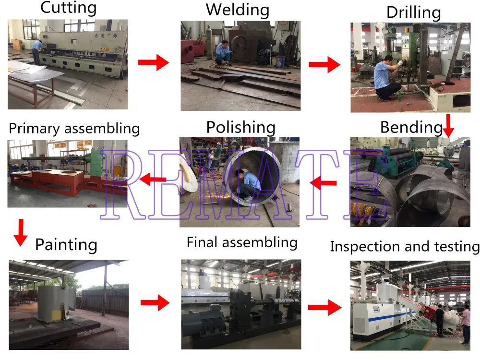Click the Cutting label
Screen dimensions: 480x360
point(68,8)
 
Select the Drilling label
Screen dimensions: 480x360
point(413,12)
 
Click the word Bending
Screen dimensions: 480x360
point(411,127)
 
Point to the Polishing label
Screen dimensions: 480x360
point(240,127)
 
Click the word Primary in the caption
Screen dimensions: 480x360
point(36,129)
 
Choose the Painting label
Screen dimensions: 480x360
point(66,245)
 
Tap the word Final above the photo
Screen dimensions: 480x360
point(203,242)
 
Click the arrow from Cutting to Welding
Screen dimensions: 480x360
point(154,62)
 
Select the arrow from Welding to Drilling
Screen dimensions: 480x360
point(324,64)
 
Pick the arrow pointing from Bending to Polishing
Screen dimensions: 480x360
point(323,182)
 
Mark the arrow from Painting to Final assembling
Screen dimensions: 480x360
point(155,303)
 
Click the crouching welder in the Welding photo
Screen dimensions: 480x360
point(224,53)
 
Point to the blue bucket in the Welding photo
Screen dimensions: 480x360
point(280,61)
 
